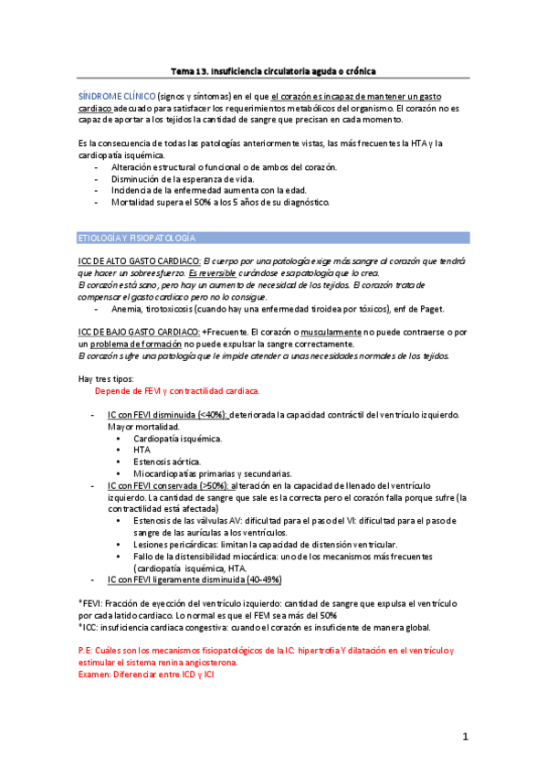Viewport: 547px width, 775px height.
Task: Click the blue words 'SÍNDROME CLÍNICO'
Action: (116, 95)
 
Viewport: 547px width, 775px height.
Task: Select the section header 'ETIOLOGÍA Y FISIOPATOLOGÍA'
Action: (135, 239)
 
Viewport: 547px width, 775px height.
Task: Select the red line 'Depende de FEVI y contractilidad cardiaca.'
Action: (177, 391)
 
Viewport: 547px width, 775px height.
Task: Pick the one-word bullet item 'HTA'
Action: (142, 451)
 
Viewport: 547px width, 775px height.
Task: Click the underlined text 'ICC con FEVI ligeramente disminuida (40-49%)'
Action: (195, 579)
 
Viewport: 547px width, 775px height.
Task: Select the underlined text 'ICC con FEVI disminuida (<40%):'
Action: (168, 415)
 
